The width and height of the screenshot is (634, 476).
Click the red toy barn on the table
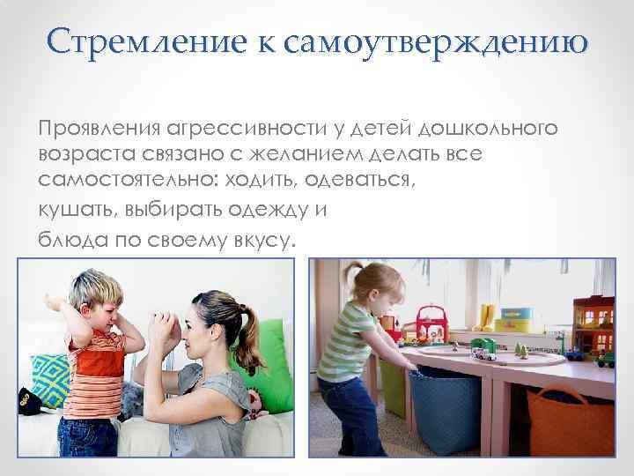pyautogui.click(x=431, y=321)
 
